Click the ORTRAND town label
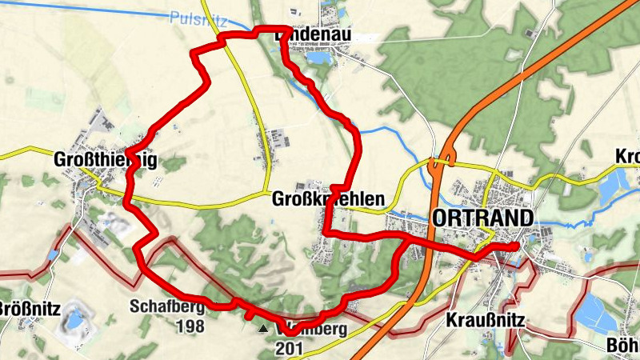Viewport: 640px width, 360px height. tap(482, 218)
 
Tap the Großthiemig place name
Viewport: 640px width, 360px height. tap(105, 161)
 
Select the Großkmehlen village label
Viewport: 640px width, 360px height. tap(328, 198)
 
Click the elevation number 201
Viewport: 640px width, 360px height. tap(289, 348)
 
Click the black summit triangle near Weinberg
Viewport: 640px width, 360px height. tap(262, 328)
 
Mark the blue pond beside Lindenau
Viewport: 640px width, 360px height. tap(318, 58)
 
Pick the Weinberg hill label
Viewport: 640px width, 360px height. tap(304, 329)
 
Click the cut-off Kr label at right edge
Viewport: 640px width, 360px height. tap(628, 156)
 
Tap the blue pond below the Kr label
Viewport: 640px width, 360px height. tap(613, 185)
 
